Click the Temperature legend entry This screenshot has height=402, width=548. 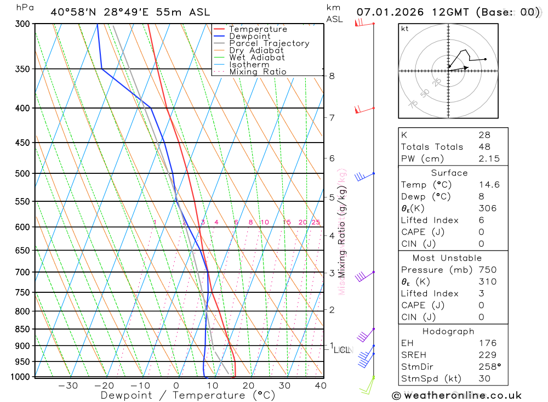click(258, 29)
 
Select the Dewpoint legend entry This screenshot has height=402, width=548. click(249, 36)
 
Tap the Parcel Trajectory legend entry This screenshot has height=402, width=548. click(269, 43)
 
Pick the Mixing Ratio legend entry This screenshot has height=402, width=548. click(258, 71)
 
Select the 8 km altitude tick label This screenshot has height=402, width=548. click(332, 76)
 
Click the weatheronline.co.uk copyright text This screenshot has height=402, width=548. click(457, 395)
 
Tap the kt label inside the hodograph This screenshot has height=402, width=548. click(405, 29)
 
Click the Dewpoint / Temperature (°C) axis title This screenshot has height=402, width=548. click(188, 395)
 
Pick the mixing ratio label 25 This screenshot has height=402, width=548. click(316, 222)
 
